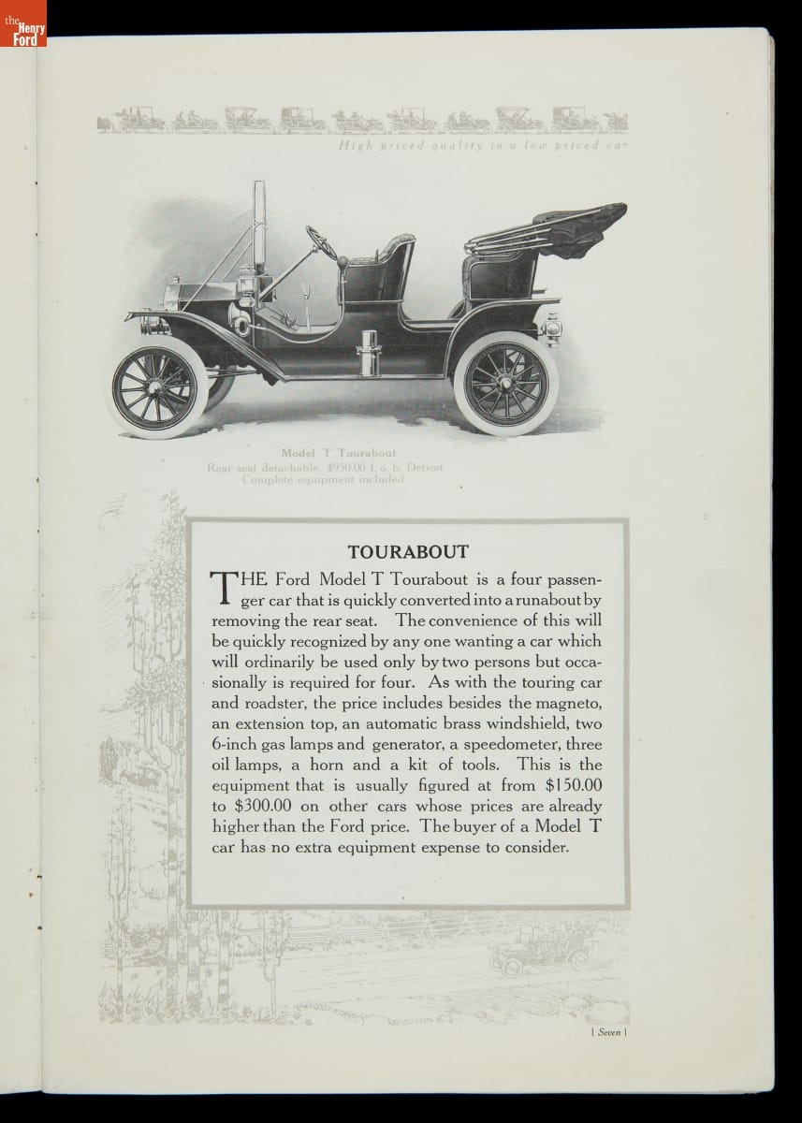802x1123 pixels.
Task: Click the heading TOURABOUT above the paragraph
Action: (x=408, y=552)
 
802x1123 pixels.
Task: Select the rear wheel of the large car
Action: (x=506, y=386)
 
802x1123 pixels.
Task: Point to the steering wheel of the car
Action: (x=322, y=241)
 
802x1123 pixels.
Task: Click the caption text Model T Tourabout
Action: (x=338, y=454)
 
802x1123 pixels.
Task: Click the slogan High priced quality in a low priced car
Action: (x=483, y=146)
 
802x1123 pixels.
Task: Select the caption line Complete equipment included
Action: (x=323, y=479)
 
